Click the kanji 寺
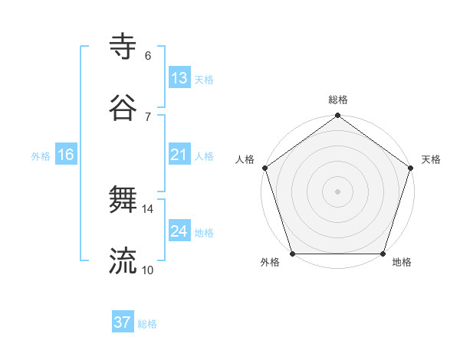point(123,46)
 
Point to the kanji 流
point(123,261)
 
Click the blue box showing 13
point(179,78)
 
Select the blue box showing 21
point(179,155)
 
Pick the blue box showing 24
point(179,231)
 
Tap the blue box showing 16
point(66,155)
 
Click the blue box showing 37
point(122,322)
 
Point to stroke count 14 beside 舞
point(147,208)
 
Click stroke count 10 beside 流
point(147,270)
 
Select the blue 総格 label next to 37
point(147,324)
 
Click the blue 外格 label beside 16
point(41,156)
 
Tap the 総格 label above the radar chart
point(337,100)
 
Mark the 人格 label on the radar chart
point(245,159)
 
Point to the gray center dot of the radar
point(337,191)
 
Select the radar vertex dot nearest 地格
point(383,254)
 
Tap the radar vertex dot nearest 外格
point(292,254)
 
